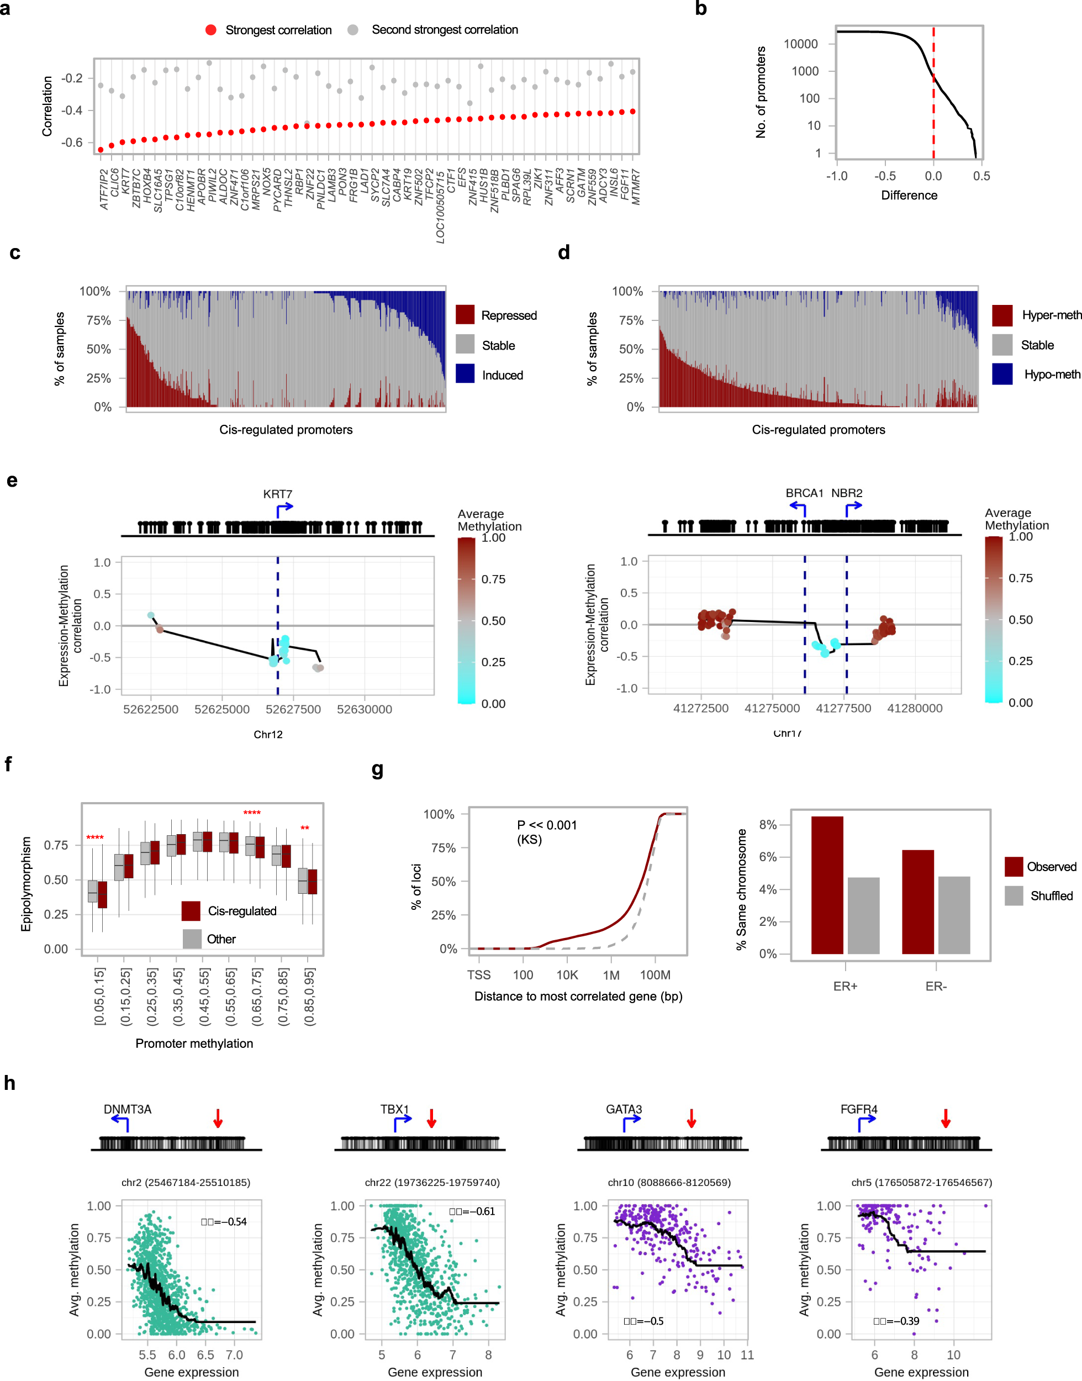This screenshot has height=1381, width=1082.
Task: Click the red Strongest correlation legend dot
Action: (x=211, y=30)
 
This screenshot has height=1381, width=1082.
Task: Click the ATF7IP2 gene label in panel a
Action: (x=104, y=189)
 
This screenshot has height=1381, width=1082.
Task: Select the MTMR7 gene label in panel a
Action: (x=636, y=187)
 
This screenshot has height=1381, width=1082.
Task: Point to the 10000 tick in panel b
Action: (x=801, y=44)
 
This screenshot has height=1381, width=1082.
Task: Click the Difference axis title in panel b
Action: (x=909, y=195)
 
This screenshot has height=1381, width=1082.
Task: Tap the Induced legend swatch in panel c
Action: (x=465, y=375)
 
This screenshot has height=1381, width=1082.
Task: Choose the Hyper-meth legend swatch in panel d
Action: (x=1001, y=315)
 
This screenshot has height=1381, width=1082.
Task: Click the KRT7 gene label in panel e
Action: (x=277, y=494)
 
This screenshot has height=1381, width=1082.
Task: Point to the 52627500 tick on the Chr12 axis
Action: (x=293, y=709)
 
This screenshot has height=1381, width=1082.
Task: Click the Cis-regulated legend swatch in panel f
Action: (x=191, y=910)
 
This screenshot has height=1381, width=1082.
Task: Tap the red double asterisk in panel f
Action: (x=305, y=828)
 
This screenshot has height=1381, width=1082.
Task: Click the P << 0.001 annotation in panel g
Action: (x=546, y=825)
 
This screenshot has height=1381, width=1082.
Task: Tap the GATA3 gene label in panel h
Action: (x=624, y=1109)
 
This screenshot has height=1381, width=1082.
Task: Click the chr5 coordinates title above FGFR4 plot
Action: (x=921, y=1182)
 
